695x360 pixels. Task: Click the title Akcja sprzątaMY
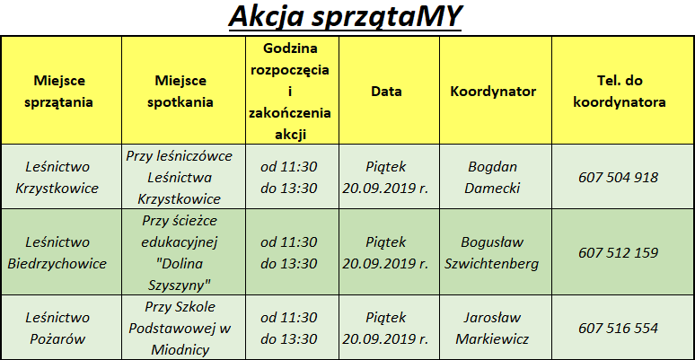click(345, 18)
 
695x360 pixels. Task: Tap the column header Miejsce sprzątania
click(59, 92)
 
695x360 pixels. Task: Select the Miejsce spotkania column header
click(180, 92)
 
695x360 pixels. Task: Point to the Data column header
click(386, 92)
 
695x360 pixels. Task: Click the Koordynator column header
click(493, 92)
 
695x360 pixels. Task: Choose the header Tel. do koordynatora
click(620, 92)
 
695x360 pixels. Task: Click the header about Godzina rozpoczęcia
click(290, 92)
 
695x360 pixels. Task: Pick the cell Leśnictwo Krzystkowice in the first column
click(57, 178)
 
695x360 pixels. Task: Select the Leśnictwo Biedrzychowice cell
click(57, 252)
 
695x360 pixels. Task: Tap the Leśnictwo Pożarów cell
click(57, 328)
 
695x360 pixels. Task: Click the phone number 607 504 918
click(619, 178)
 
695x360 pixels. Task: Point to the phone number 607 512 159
click(619, 252)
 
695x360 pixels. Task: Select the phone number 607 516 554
click(619, 328)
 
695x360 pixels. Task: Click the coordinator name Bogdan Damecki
click(492, 178)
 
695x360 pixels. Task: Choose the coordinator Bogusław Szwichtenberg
click(492, 252)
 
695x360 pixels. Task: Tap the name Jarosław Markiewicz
click(492, 328)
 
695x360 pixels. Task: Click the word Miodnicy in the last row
click(180, 350)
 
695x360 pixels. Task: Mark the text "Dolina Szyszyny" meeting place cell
click(180, 275)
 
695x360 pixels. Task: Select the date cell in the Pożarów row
click(385, 328)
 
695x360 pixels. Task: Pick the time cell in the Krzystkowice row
click(289, 178)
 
